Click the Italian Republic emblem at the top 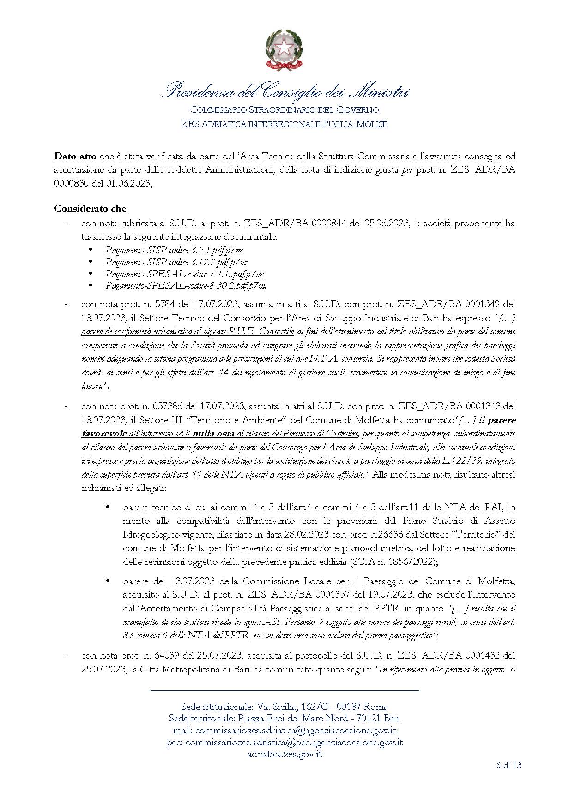point(284,49)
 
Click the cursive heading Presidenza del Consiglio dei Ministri point(284,91)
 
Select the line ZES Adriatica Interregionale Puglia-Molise point(284,124)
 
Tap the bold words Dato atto point(73,156)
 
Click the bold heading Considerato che point(90,208)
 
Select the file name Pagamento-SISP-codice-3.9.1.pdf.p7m point(174,250)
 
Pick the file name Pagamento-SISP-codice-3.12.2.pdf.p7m point(176,262)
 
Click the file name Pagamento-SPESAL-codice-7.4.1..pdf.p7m point(184,274)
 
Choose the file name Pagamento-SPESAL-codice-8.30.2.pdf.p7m point(186,285)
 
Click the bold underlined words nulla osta point(213,434)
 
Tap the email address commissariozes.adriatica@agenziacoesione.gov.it point(296,731)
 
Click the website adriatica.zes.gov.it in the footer point(284,754)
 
